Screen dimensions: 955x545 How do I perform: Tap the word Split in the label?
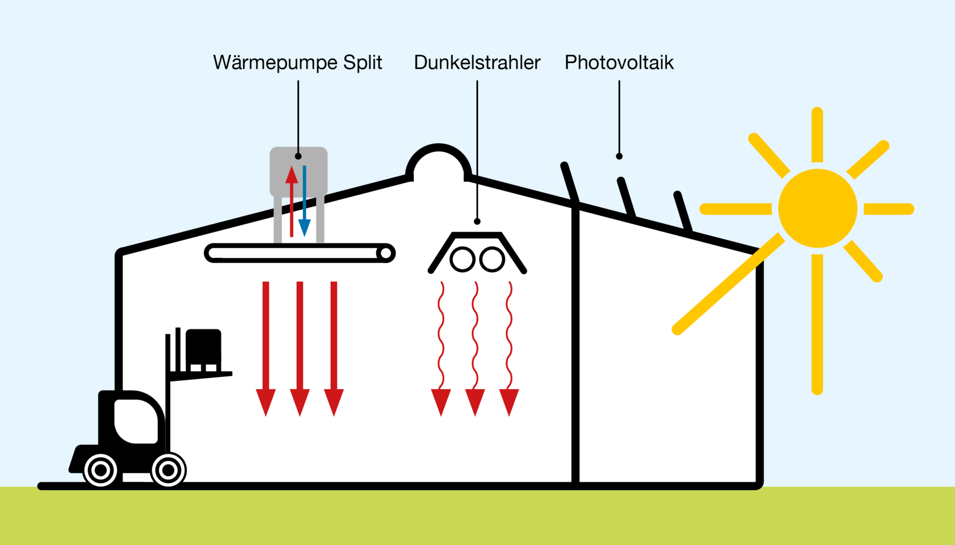pos(362,63)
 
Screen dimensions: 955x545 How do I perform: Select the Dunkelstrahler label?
pos(477,63)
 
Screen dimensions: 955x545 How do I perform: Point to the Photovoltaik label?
pos(619,63)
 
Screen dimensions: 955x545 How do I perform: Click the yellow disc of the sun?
pos(817,208)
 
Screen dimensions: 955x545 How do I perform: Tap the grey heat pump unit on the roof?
pos(299,172)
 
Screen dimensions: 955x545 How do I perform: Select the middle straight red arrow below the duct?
pos(300,349)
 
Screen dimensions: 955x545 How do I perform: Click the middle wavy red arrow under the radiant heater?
pos(475,349)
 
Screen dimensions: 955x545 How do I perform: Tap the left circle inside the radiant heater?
pos(462,259)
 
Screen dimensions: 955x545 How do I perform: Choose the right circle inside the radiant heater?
pos(492,259)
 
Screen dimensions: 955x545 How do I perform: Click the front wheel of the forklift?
pos(169,470)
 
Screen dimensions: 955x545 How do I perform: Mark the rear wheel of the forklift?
pos(100,470)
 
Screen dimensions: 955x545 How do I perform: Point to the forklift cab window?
pos(136,421)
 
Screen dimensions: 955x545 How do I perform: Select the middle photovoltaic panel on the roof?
pos(627,197)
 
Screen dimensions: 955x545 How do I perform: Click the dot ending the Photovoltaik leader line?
pos(619,156)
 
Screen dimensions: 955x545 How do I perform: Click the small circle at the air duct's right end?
pos(386,253)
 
